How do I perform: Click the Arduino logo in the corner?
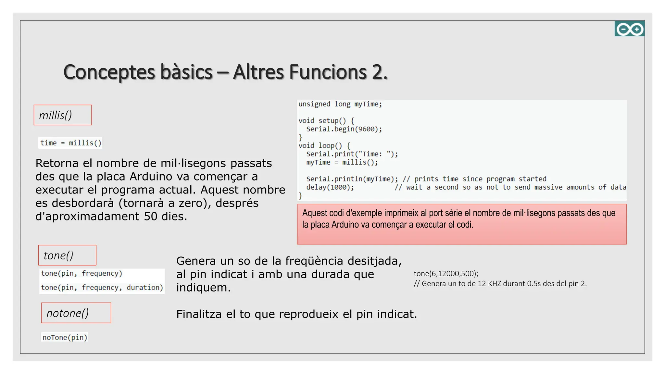point(629,29)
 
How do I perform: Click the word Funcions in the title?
point(328,72)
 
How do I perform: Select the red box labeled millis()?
point(63,115)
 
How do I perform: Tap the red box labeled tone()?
point(67,255)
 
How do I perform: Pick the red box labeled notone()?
point(76,313)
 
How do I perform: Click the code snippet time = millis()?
point(70,143)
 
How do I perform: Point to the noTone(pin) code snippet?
point(65,337)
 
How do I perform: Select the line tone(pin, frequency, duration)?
point(102,287)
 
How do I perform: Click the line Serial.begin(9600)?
point(344,129)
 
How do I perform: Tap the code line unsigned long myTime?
point(340,104)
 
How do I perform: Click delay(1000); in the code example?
point(330,187)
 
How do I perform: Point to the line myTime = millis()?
point(342,162)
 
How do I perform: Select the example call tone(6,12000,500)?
point(446,274)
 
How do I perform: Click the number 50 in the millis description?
point(151,216)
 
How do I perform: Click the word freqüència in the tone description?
point(314,261)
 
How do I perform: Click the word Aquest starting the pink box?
point(315,213)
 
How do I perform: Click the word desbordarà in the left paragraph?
point(83,203)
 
